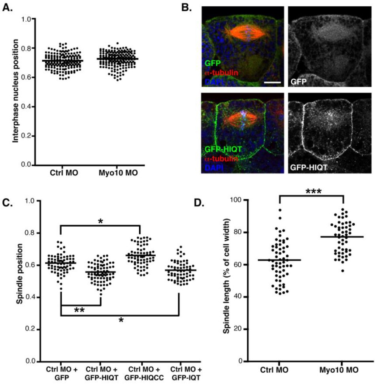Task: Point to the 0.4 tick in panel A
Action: coord(26,107)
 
